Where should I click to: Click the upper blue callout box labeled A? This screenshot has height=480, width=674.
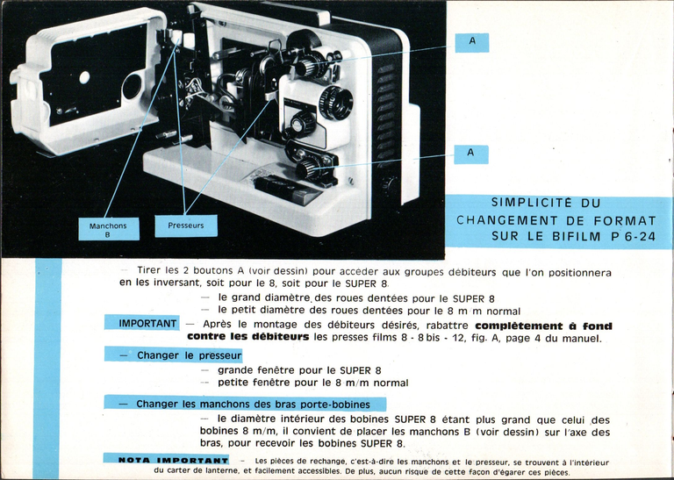point(472,42)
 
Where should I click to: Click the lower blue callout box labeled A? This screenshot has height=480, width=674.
point(471,154)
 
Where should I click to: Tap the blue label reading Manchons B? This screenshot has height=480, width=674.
point(108,230)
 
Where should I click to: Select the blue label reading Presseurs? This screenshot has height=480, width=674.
point(186,226)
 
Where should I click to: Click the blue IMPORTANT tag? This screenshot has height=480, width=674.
point(141,324)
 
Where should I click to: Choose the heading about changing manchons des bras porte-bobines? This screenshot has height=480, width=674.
point(248,404)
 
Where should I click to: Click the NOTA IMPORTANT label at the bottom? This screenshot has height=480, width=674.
point(167,460)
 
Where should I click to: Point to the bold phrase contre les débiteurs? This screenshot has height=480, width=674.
point(248,337)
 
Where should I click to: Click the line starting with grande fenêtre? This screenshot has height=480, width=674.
point(299,370)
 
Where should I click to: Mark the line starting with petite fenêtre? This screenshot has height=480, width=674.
point(312,383)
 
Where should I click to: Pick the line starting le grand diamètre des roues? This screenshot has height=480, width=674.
point(356,298)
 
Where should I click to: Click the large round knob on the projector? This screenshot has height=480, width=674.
point(335,103)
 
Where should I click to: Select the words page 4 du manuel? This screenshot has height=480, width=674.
point(552,338)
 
